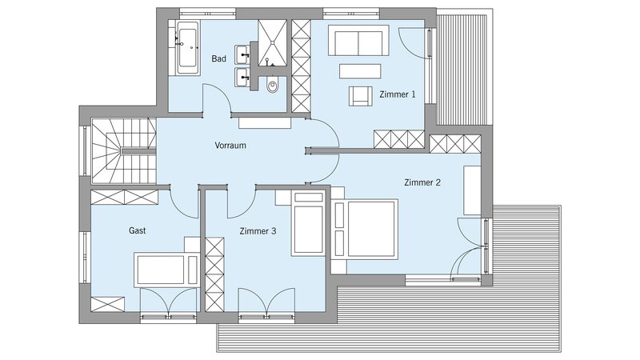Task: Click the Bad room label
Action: click(x=218, y=58)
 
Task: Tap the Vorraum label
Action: click(x=230, y=146)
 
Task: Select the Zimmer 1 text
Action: click(x=398, y=94)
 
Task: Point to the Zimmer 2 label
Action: click(x=422, y=182)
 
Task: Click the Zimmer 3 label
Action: click(x=258, y=231)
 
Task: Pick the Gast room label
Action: click(x=138, y=230)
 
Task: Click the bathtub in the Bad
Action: click(x=188, y=48)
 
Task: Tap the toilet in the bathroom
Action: click(x=272, y=85)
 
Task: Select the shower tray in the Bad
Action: click(x=273, y=43)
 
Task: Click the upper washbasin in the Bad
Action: click(x=242, y=54)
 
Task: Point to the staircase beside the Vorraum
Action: click(x=124, y=151)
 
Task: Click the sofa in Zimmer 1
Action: click(x=358, y=41)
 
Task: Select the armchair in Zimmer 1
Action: click(x=361, y=96)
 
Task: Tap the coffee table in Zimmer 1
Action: click(x=360, y=71)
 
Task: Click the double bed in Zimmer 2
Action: click(x=364, y=229)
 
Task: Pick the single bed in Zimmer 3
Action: click(x=308, y=224)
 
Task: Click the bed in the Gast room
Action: click(x=166, y=270)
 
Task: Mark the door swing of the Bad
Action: click(x=218, y=98)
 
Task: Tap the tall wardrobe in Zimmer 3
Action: click(x=214, y=274)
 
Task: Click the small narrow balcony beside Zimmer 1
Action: click(x=462, y=70)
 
